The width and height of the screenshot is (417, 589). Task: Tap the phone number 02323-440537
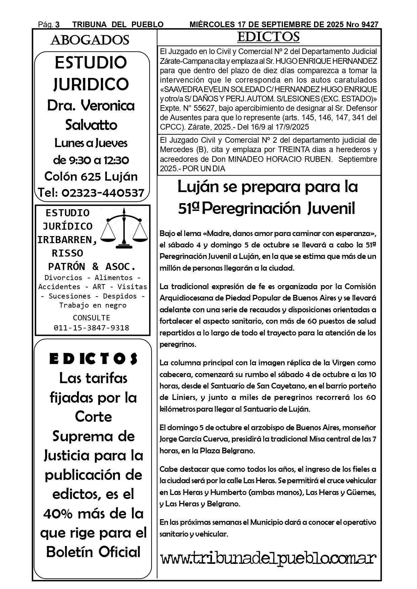click(x=103, y=193)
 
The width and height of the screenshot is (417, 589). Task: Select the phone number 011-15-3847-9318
click(x=91, y=328)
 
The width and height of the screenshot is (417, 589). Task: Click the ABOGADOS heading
click(x=90, y=40)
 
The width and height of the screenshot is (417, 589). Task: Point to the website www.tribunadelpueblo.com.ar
click(x=268, y=558)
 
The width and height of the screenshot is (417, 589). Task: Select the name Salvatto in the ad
click(x=91, y=125)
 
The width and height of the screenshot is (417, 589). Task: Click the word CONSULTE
click(x=91, y=318)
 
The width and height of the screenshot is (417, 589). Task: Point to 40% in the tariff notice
click(x=60, y=513)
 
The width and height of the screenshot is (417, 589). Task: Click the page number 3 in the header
click(x=57, y=25)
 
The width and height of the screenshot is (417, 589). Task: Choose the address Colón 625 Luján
click(x=91, y=176)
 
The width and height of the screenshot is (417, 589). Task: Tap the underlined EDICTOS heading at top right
click(x=268, y=37)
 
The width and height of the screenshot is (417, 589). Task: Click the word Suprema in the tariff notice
click(x=79, y=436)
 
